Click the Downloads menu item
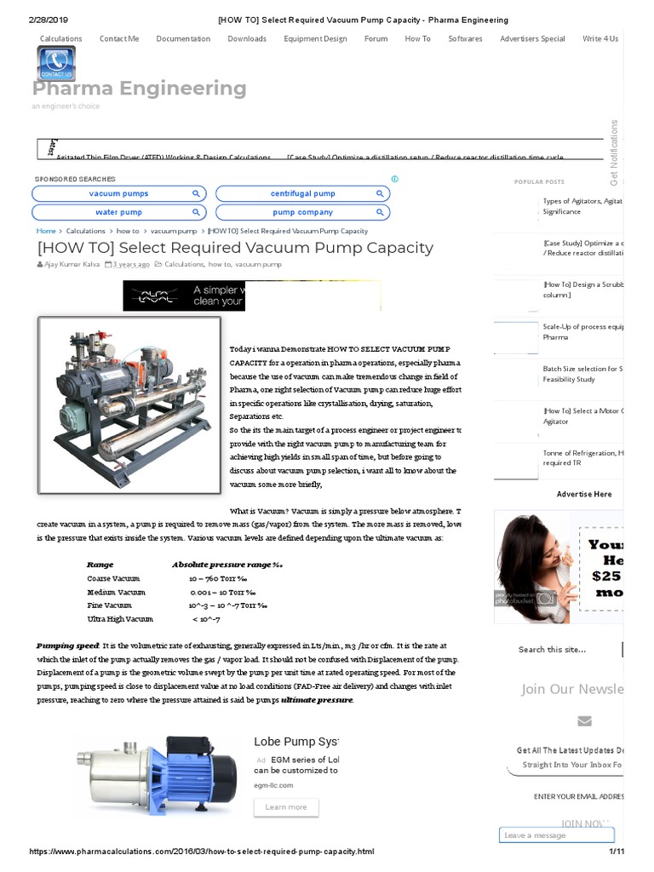click(246, 38)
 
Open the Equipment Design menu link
click(315, 38)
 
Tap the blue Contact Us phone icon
click(56, 64)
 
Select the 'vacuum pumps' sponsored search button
click(118, 194)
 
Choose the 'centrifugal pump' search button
click(302, 194)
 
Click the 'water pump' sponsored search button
click(118, 212)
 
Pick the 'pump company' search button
click(302, 212)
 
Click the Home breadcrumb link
click(46, 231)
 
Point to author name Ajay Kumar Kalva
click(72, 265)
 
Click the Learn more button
click(286, 806)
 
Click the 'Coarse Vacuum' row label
click(112, 578)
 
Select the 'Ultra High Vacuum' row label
click(120, 619)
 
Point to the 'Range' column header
click(100, 564)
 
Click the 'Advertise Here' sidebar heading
click(584, 494)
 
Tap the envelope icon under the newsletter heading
click(584, 721)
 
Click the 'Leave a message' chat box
click(555, 835)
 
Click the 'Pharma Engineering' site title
click(140, 89)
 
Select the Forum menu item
click(376, 38)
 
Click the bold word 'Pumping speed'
click(67, 646)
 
